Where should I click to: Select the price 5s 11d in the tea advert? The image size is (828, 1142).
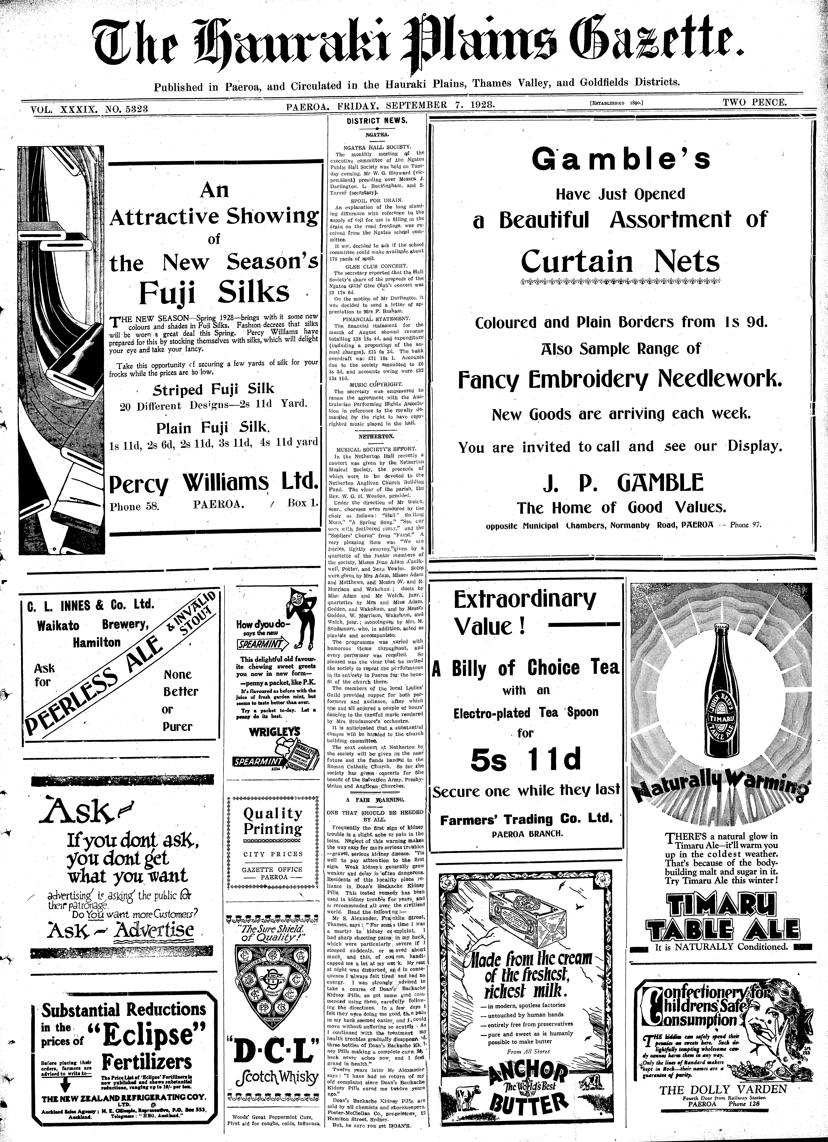point(526,760)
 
